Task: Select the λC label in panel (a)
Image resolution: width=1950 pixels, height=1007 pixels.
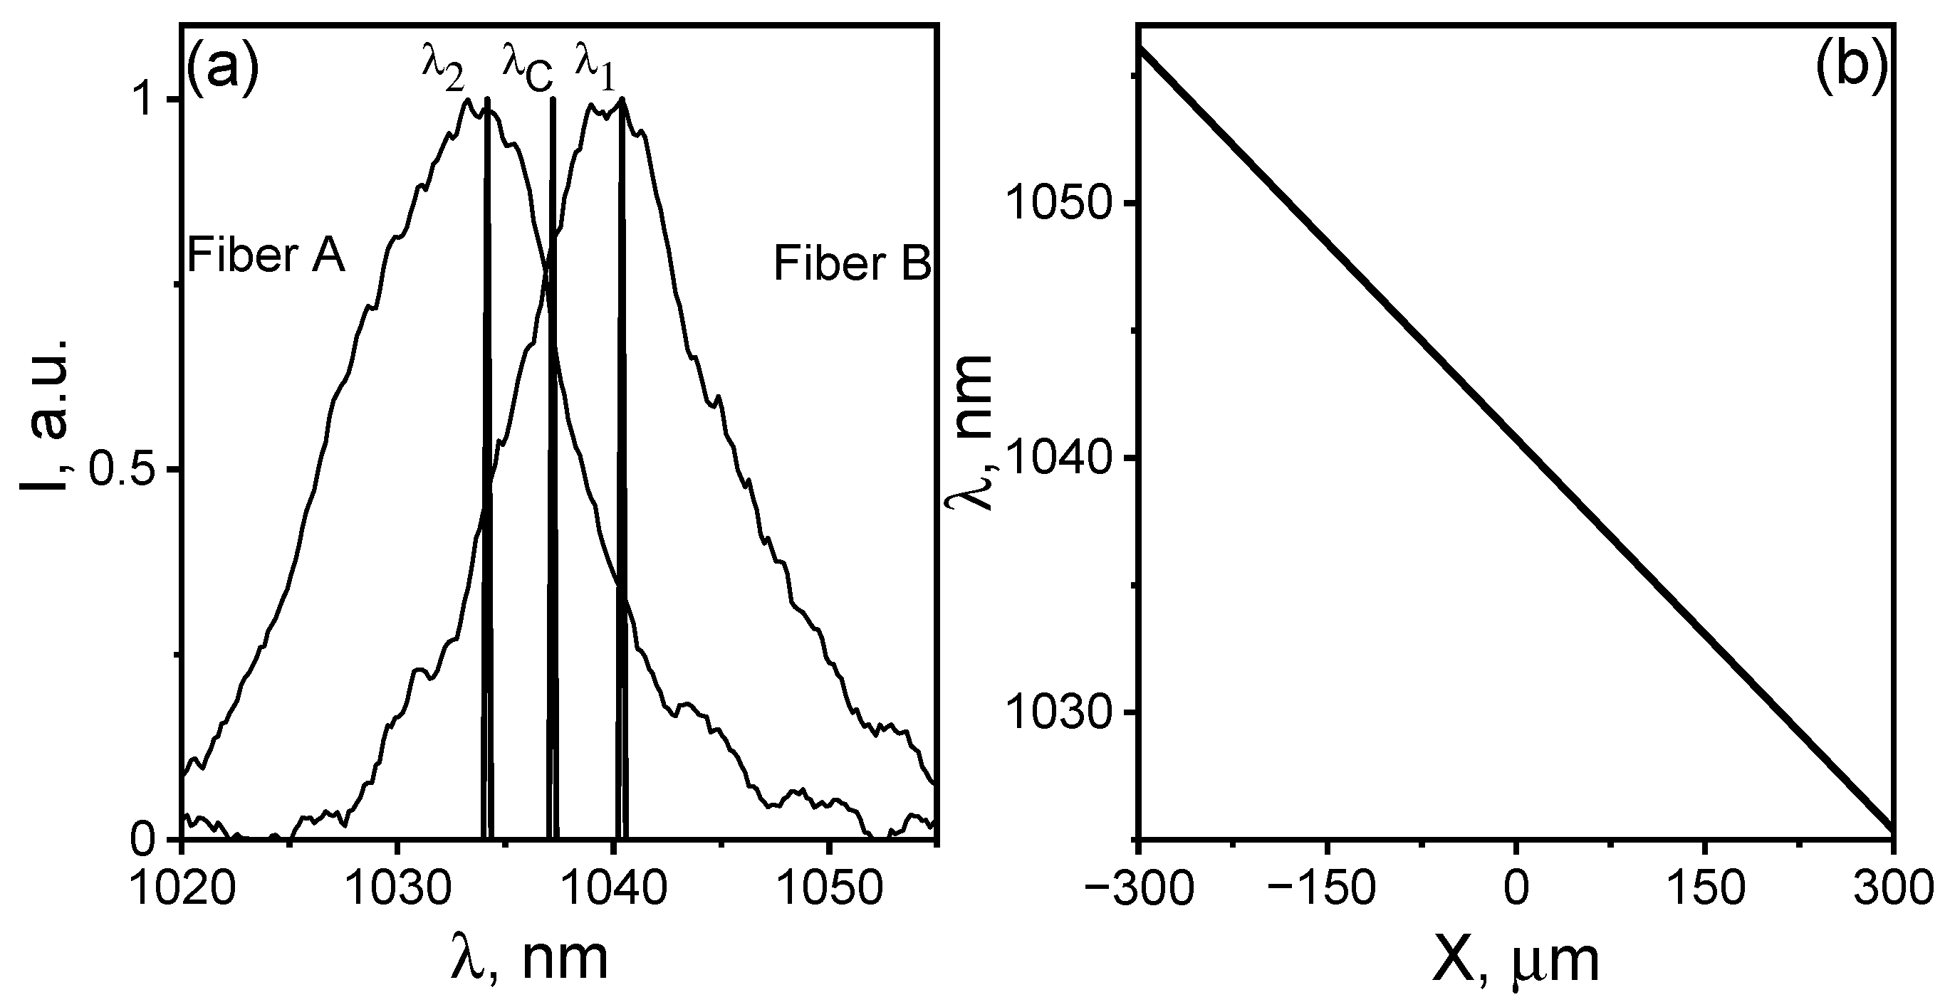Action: tap(528, 69)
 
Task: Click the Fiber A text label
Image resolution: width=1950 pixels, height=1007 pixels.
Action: tap(266, 255)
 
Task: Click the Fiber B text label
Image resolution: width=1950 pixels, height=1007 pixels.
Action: tap(852, 265)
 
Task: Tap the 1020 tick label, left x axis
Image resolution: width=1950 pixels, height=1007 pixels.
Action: tap(180, 890)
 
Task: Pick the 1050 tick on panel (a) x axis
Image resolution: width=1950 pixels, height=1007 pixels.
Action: tap(829, 890)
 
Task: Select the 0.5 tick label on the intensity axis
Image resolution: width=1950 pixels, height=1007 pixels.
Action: tap(123, 470)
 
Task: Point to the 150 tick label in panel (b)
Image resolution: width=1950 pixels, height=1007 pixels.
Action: tap(1703, 890)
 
